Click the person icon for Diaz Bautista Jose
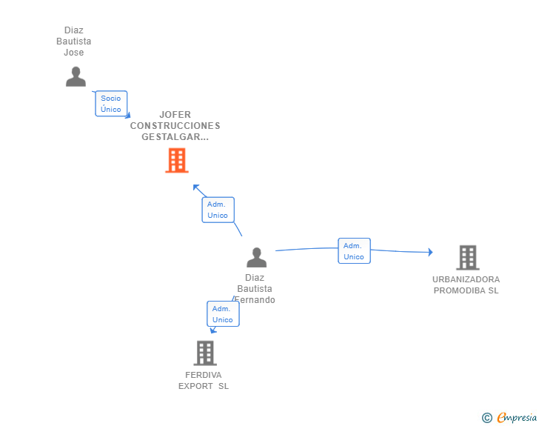(76, 76)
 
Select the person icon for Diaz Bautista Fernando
(256, 257)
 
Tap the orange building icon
(176, 160)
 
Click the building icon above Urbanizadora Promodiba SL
(467, 257)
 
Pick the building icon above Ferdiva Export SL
(205, 353)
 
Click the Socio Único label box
(111, 104)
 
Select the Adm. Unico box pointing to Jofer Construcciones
(218, 210)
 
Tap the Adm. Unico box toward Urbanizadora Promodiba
(354, 251)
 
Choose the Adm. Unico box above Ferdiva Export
(223, 314)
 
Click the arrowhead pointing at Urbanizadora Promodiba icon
(429, 253)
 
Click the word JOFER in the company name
(175, 115)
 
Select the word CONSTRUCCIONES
(175, 126)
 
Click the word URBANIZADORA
(466, 279)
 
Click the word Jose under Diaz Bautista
(74, 53)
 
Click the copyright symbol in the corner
(486, 418)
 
